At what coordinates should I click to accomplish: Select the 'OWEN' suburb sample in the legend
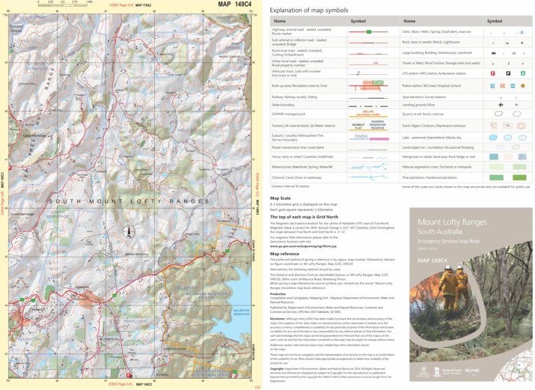pyautogui.click(x=361, y=137)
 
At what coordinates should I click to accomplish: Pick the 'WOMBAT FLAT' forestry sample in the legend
pyautogui.click(x=358, y=124)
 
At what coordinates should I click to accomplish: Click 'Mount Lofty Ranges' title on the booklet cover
pyautogui.click(x=453, y=222)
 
